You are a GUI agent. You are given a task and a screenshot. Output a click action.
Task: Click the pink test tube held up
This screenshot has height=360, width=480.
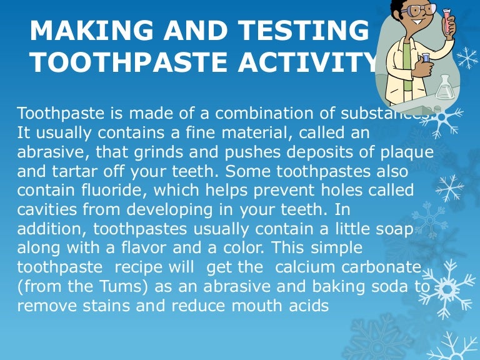449,22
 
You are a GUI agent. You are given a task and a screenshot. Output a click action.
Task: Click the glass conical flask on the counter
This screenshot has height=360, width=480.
445,87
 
